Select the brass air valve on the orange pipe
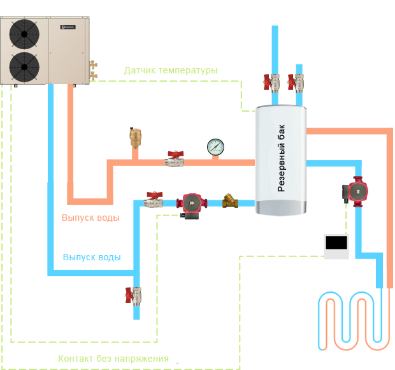point(135,136)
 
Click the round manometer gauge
point(215,147)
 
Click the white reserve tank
point(280,159)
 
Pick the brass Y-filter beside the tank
point(230,203)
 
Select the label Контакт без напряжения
point(113,359)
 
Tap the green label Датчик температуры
point(170,71)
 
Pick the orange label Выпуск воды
point(90,218)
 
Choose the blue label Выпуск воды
point(91,258)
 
